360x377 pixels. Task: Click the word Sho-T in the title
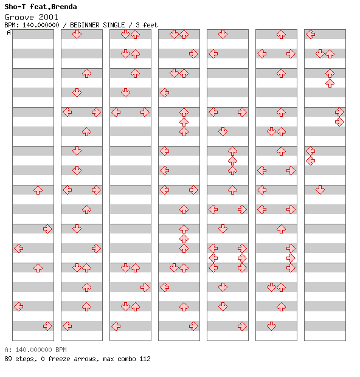tap(15, 7)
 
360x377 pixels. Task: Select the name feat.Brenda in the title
tap(54, 7)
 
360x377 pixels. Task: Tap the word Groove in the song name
tap(19, 17)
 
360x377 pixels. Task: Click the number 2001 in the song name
tap(48, 17)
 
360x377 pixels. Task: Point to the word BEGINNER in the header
tap(85, 25)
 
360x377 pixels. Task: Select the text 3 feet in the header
tap(147, 25)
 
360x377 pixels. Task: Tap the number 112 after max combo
tap(145, 359)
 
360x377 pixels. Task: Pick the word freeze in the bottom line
tap(59, 359)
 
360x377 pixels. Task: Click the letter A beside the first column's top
tap(9, 32)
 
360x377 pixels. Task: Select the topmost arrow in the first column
tap(38, 190)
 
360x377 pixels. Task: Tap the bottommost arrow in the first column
tap(47, 326)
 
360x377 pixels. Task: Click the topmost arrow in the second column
tap(77, 34)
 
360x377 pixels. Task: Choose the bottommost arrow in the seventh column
tap(320, 190)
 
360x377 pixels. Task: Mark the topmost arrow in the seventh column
tap(311, 34)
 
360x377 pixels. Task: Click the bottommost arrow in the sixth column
tap(271, 326)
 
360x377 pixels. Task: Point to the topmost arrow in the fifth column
tap(223, 34)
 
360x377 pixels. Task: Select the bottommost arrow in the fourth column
tap(193, 326)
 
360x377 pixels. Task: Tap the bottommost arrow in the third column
tap(116, 326)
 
